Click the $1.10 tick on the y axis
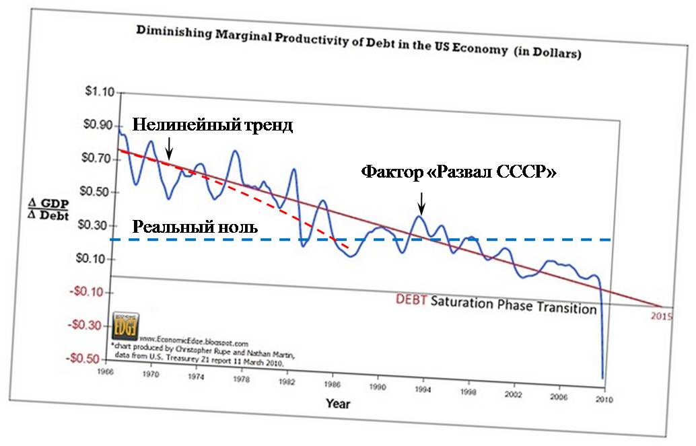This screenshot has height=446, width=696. pyautogui.click(x=97, y=91)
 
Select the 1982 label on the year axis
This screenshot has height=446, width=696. pyautogui.click(x=287, y=381)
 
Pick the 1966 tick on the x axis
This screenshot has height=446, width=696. pyautogui.click(x=104, y=371)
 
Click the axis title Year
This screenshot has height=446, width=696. pyautogui.click(x=337, y=404)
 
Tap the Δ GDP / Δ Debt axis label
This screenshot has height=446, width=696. pyautogui.click(x=49, y=209)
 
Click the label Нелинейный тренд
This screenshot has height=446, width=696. pyautogui.click(x=212, y=126)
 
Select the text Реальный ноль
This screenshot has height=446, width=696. pyautogui.click(x=195, y=227)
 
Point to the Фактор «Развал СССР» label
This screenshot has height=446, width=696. pyautogui.click(x=458, y=171)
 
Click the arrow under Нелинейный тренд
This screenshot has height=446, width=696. pyautogui.click(x=169, y=144)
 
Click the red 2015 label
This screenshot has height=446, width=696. pyautogui.click(x=662, y=315)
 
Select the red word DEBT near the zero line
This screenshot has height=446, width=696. pyautogui.click(x=410, y=300)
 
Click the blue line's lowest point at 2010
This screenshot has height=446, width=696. pyautogui.click(x=602, y=378)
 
